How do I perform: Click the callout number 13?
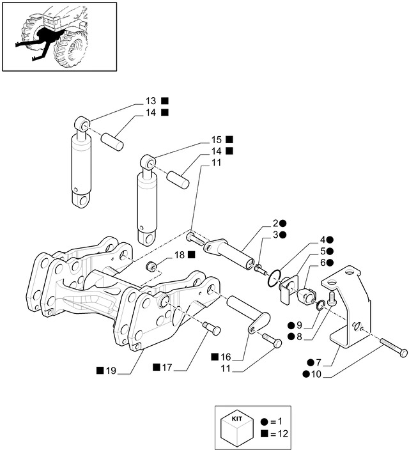click(150, 101)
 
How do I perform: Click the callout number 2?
click(275, 223)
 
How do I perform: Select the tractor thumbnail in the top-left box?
click(59, 36)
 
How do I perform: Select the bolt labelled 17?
click(212, 329)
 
